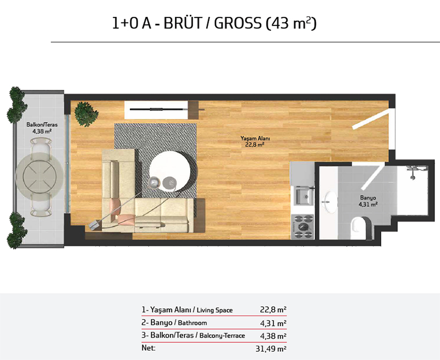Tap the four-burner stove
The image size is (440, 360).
pyautogui.click(x=302, y=227)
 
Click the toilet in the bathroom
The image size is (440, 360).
pyautogui.click(x=359, y=228)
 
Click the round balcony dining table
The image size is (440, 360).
pyautogui.click(x=40, y=177)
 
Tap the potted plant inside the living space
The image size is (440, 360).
pyautogui.click(x=86, y=114)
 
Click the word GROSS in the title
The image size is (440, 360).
pyautogui.click(x=238, y=23)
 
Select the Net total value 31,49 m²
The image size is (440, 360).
pyautogui.click(x=271, y=348)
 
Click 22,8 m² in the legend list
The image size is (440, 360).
pyautogui.click(x=273, y=310)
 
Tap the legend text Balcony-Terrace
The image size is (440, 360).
pyautogui.click(x=222, y=336)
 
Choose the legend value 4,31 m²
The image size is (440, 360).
pyautogui.click(x=273, y=323)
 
